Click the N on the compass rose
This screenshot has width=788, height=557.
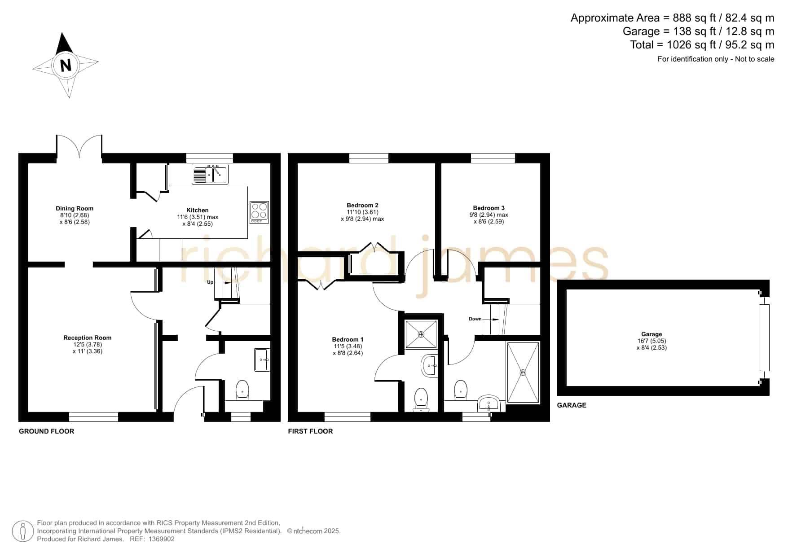[x=66, y=66]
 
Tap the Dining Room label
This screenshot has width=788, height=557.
[x=75, y=208]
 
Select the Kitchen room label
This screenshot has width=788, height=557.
[x=198, y=210]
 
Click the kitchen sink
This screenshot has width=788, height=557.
[x=210, y=175]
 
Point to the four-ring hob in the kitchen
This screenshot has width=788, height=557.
[x=260, y=212]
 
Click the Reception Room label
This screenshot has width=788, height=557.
[x=88, y=338]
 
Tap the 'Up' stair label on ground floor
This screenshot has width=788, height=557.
[x=210, y=282]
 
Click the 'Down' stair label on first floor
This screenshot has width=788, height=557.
[x=475, y=319]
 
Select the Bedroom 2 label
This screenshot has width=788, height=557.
[x=362, y=205]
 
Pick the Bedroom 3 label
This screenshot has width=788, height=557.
[x=489, y=208]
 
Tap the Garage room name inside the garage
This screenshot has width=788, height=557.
[x=652, y=334]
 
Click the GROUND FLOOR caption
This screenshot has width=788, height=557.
[x=47, y=431]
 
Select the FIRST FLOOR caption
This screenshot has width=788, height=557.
[x=310, y=431]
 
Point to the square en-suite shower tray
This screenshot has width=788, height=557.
[x=421, y=334]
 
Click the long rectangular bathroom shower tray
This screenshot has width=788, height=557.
[x=523, y=373]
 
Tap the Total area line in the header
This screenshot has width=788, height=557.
[x=702, y=45]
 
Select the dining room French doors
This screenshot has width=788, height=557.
[x=79, y=146]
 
